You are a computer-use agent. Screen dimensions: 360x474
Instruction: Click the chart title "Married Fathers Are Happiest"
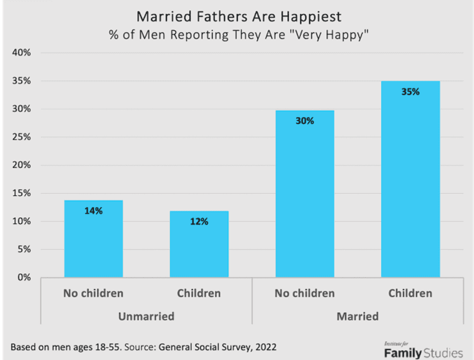click(x=239, y=17)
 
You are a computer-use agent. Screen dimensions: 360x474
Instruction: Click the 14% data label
click(x=94, y=211)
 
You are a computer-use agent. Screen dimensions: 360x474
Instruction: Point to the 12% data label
click(x=199, y=222)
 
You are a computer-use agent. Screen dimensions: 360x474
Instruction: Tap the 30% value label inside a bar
click(x=305, y=120)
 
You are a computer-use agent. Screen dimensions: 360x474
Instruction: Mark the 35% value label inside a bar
click(x=410, y=91)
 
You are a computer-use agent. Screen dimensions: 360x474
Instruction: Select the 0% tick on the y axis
click(x=25, y=278)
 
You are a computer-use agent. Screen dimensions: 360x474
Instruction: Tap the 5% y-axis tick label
click(x=25, y=250)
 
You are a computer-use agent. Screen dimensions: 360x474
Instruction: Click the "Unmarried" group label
click(x=146, y=316)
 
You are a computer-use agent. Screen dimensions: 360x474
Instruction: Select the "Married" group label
click(x=357, y=316)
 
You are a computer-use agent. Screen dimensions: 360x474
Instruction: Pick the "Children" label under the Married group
click(x=410, y=294)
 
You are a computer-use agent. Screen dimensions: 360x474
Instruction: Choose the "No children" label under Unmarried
click(x=94, y=294)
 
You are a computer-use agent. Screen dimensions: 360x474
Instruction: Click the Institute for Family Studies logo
click(x=423, y=350)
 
